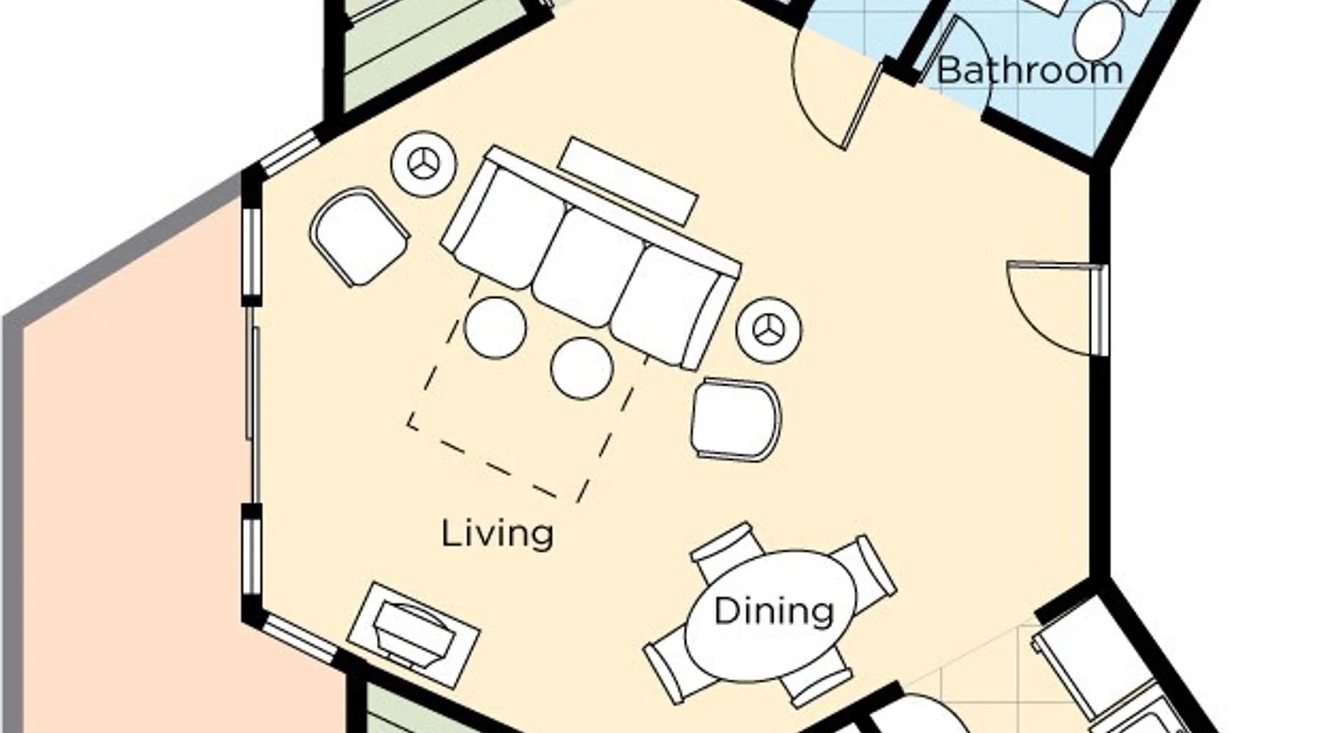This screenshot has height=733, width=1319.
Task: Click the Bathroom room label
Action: tap(1030, 70)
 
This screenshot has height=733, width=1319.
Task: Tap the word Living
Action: tap(498, 533)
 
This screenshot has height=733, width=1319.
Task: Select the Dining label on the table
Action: tap(774, 611)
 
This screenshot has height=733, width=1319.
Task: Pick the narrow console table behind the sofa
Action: tap(629, 180)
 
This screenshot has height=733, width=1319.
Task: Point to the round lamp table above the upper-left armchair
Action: tap(424, 164)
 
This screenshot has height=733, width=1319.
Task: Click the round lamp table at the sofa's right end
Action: tap(769, 329)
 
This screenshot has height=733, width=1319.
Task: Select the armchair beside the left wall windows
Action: tap(359, 237)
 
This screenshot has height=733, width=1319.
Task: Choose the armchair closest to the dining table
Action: tap(736, 419)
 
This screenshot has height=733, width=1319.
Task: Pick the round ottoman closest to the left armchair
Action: tap(495, 328)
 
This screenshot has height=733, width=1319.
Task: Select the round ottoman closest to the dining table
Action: tap(581, 368)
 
